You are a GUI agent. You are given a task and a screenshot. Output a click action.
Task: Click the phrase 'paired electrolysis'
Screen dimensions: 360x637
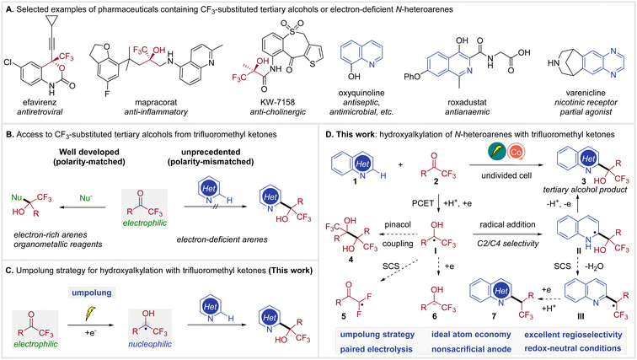(376, 343)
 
